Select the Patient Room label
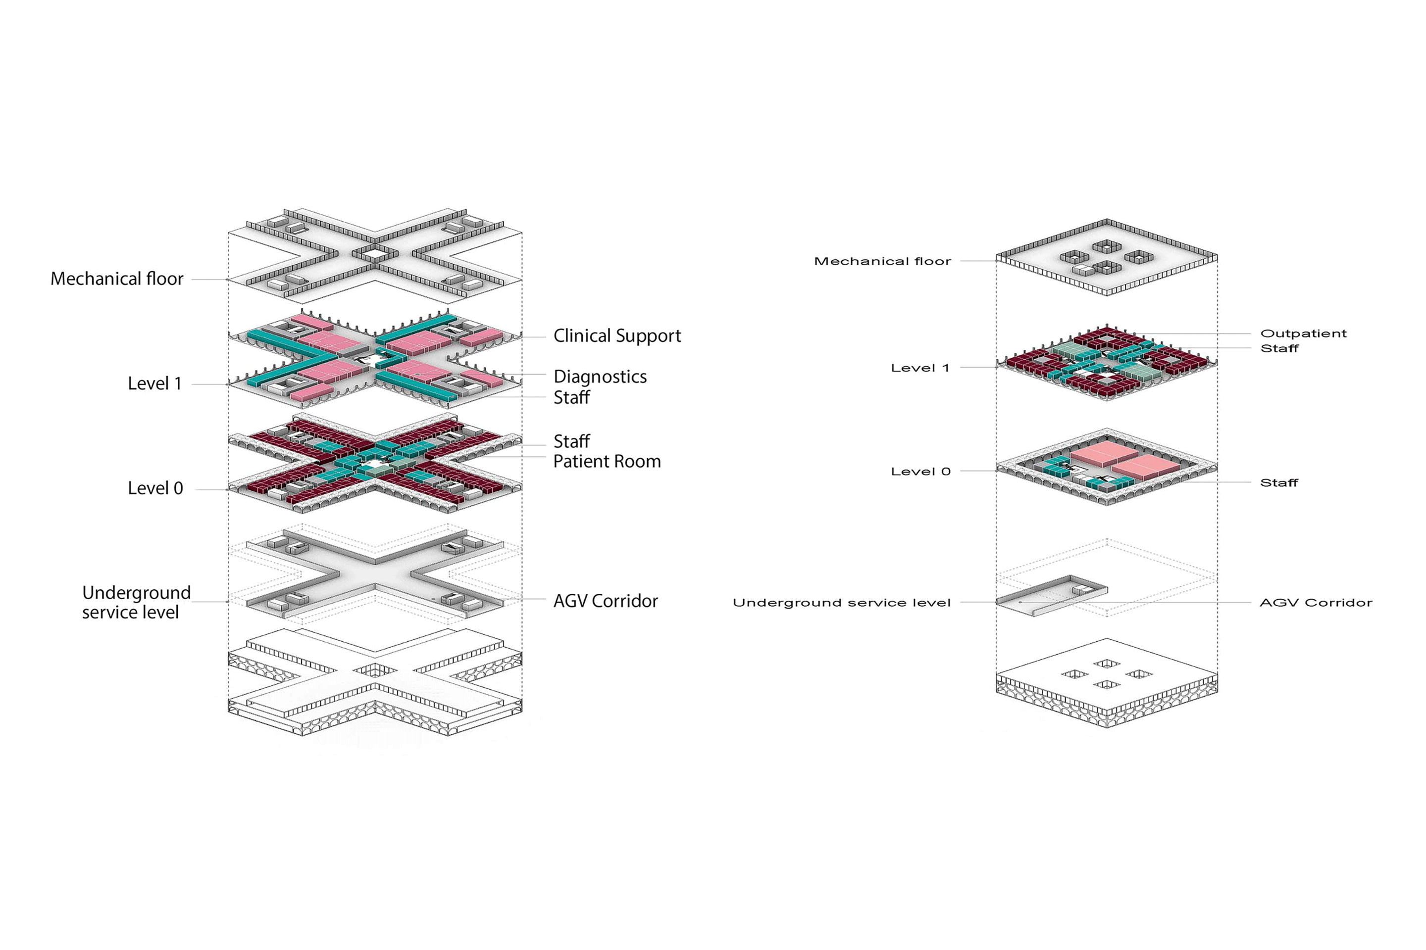coord(606,461)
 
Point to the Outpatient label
coord(1303,333)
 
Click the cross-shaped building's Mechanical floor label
coord(116,279)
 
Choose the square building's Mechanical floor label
coord(882,261)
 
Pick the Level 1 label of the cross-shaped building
coord(154,383)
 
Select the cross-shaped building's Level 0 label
coord(155,488)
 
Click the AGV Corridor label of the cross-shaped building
coord(605,601)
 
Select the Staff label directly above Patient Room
coord(571,441)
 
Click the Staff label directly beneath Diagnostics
coord(571,397)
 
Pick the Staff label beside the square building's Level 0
coord(1278,483)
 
